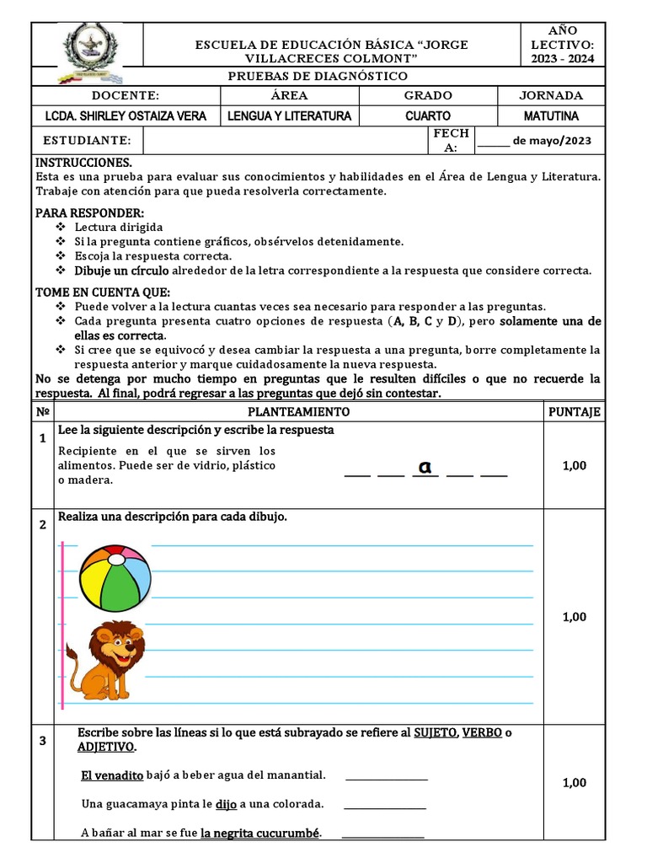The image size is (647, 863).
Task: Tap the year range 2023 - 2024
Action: tap(562, 58)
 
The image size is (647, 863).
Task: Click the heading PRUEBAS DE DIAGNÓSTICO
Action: tap(318, 77)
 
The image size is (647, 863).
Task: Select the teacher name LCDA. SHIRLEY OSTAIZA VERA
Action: tap(125, 116)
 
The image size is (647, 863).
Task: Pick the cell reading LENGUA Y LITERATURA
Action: tap(290, 116)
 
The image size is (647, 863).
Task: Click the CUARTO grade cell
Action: tap(427, 116)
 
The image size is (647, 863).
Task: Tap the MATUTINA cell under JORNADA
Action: tap(550, 116)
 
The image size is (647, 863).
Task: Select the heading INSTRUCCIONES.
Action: tap(83, 162)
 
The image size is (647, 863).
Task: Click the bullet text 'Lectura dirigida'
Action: tap(119, 227)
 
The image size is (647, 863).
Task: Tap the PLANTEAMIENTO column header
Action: tap(298, 412)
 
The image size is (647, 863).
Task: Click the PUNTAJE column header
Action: tap(574, 412)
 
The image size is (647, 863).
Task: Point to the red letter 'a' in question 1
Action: tap(425, 467)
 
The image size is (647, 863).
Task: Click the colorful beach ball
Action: tap(115, 578)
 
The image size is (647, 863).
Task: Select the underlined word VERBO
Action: tap(482, 732)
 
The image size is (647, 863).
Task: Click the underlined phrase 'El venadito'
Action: tap(112, 775)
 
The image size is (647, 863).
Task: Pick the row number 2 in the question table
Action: tap(42, 525)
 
